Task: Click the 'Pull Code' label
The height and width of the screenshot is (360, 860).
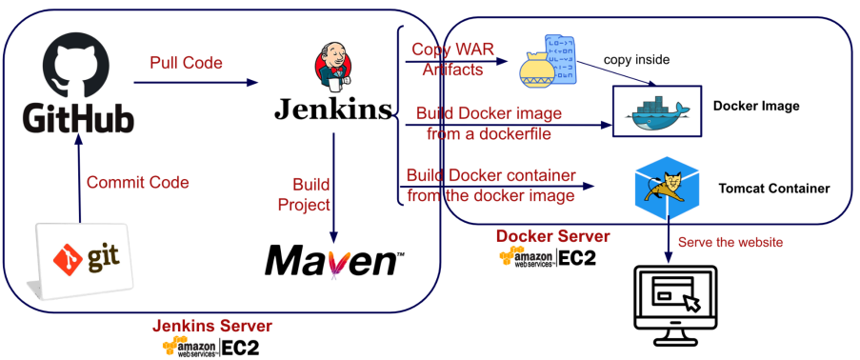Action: [187, 63]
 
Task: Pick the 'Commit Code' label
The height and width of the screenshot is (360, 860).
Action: [138, 182]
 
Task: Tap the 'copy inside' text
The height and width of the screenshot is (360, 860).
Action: [637, 60]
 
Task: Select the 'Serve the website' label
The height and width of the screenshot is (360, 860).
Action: [730, 242]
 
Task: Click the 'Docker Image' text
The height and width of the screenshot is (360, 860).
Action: [756, 106]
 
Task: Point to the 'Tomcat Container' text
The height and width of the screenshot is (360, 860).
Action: [774, 189]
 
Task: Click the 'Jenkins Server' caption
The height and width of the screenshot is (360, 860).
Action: [211, 326]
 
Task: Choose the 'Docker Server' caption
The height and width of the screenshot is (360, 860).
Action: [552, 236]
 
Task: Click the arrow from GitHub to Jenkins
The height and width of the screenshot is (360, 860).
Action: [196, 83]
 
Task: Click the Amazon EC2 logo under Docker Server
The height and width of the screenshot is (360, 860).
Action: [547, 257]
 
